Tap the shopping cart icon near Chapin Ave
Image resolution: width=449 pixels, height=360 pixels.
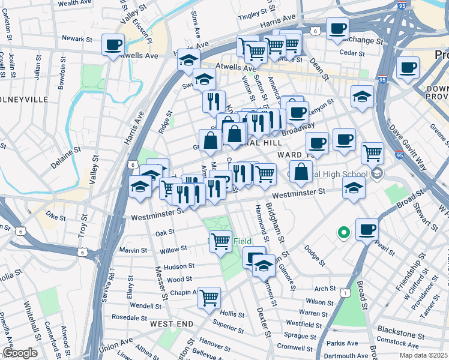click(x=209, y=296)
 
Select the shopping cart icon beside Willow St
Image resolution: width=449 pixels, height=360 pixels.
click(x=220, y=241)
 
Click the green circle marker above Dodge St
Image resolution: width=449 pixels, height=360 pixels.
click(x=343, y=232)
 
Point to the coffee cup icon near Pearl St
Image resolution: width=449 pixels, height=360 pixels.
click(x=367, y=229)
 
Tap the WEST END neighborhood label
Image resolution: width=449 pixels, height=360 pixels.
click(x=172, y=324)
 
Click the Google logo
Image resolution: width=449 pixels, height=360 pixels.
click(x=20, y=353)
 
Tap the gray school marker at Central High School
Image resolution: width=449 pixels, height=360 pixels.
click(x=377, y=175)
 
